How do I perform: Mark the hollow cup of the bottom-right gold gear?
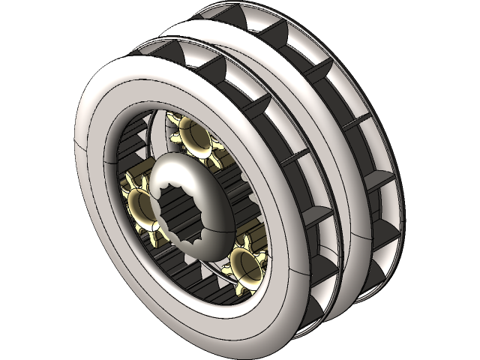tap(246, 264)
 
